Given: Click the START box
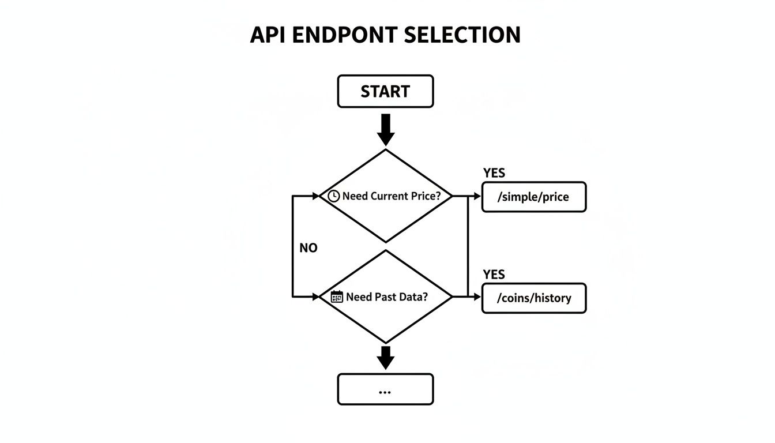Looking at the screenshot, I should click(385, 91).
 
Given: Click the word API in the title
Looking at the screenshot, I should click(268, 35).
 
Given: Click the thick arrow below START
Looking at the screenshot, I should click(385, 130).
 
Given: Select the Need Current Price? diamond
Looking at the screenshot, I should click(385, 216).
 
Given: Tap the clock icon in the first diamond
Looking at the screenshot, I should click(333, 196).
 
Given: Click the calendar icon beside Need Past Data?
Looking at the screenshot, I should click(337, 297).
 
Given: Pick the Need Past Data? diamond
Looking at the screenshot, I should click(385, 317).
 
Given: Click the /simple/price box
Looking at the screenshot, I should click(533, 197).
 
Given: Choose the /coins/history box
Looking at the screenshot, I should click(533, 298).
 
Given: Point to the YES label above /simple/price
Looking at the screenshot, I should click(494, 173).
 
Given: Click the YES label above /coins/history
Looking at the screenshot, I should click(494, 274).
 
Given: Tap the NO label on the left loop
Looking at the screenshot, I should click(309, 248).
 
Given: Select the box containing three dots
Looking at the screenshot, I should click(385, 389).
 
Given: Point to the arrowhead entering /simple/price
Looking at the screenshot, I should click(477, 196).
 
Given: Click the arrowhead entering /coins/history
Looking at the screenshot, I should click(477, 297).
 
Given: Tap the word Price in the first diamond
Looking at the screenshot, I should click(426, 196).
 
